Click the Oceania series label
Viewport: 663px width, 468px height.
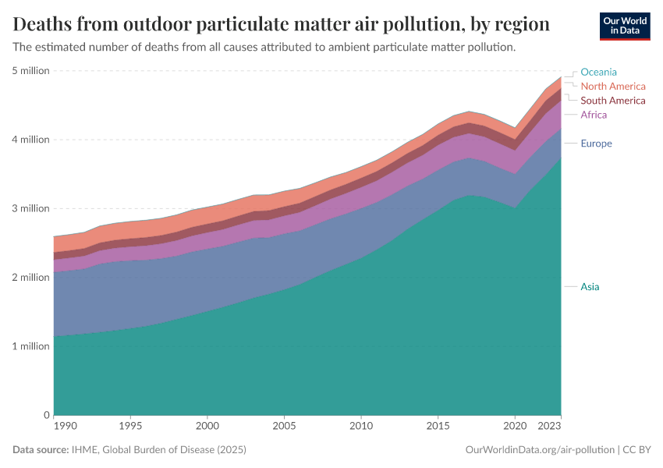(598, 72)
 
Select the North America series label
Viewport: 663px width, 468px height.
(613, 86)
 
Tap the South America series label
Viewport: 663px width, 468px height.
(613, 101)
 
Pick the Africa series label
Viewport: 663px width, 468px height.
(594, 115)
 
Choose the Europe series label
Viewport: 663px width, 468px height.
(596, 144)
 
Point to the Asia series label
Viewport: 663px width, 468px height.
(590, 287)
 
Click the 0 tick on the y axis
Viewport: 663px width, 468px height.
(46, 415)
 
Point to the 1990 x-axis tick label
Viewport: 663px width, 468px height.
(66, 427)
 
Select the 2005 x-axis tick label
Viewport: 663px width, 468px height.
(283, 427)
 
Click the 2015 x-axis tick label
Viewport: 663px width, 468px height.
(438, 427)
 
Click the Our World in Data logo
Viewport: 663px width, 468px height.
(625, 26)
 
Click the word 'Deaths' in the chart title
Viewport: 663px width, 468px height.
(47, 24)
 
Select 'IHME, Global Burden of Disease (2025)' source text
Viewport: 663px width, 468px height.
(160, 450)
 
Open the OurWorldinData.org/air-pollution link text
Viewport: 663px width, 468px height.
(537, 450)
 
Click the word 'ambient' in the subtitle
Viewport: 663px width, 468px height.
(338, 47)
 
